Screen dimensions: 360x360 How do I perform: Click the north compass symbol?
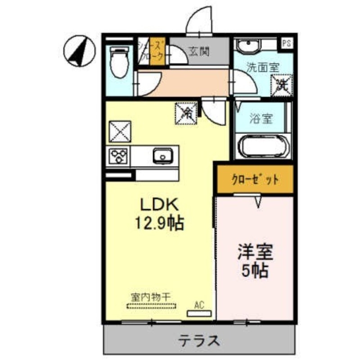pos(79,51)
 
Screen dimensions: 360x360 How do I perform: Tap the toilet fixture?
pos(119,63)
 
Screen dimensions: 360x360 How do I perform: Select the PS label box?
pos(286,43)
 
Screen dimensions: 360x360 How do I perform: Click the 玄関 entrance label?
pos(199,52)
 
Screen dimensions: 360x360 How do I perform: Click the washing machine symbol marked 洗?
pos(282,84)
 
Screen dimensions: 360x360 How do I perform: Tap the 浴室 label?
pos(261,119)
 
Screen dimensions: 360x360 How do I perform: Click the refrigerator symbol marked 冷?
pos(185,113)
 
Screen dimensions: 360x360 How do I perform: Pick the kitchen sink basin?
pos(162,156)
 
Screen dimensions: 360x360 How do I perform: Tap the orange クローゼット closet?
pos(255,180)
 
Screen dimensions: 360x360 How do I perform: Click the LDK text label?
pos(161,205)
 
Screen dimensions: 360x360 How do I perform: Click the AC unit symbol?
pos(198,312)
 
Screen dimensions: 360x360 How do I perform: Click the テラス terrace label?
pos(201,340)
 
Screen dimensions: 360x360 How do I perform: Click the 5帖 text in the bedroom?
pos(255,270)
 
